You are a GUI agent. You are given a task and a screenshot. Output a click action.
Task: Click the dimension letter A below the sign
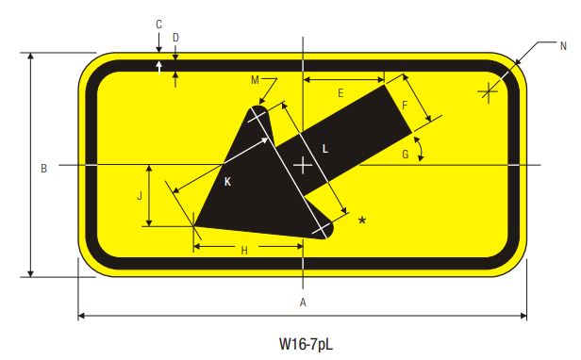[x=303, y=303]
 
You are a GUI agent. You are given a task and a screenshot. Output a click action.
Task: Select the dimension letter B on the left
[x=43, y=169]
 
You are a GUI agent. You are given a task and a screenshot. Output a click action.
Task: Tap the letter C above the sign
[x=158, y=24]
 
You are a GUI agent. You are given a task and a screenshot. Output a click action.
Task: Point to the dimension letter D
[x=175, y=38]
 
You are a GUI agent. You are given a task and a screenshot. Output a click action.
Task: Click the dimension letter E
[x=340, y=93]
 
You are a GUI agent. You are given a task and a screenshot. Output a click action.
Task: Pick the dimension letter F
[x=405, y=106]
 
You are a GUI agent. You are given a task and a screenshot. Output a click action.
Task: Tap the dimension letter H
[x=244, y=251]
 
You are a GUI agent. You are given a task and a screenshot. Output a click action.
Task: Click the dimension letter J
[x=140, y=196]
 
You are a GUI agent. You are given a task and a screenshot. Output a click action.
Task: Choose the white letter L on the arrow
[x=324, y=148]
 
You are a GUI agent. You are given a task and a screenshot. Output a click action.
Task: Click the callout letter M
[x=255, y=80]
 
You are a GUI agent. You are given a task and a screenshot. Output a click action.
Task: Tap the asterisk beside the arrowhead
[x=361, y=221]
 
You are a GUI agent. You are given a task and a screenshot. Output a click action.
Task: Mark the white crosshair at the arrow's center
[x=303, y=167]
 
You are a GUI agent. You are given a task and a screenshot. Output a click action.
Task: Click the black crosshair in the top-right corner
[x=488, y=91]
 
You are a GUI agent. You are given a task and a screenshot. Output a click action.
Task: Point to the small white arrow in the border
[x=158, y=67]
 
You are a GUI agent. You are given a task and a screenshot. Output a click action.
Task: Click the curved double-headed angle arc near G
[x=421, y=148]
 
